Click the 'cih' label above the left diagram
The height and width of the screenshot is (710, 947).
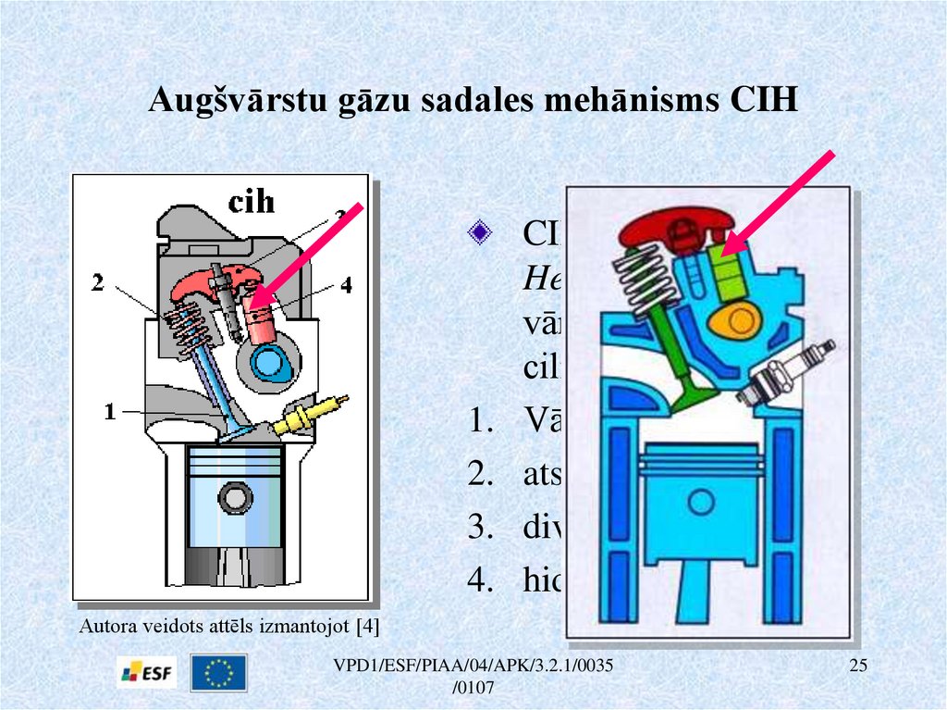252,201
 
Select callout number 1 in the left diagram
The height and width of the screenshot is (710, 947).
109,412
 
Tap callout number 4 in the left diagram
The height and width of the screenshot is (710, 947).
345,286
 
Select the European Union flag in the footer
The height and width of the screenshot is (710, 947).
218,673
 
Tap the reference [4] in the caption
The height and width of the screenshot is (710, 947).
367,625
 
